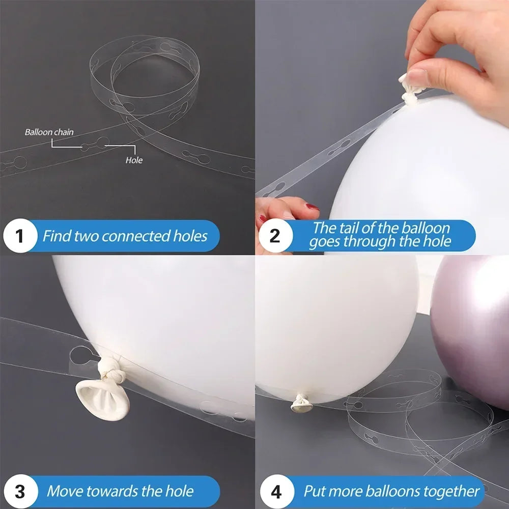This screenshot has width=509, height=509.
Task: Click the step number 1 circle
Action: [x=19, y=236]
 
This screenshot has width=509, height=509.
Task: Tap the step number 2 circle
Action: [x=274, y=236]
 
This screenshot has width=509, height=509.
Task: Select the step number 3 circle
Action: [x=19, y=491]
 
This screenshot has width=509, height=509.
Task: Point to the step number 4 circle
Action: [x=275, y=491]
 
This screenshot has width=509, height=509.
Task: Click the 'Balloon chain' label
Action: [x=49, y=132]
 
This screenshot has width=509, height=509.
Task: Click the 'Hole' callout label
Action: [x=134, y=160]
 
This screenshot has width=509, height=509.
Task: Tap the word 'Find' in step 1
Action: [x=56, y=236]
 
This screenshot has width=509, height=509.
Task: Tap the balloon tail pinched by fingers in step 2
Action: [x=410, y=89]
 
